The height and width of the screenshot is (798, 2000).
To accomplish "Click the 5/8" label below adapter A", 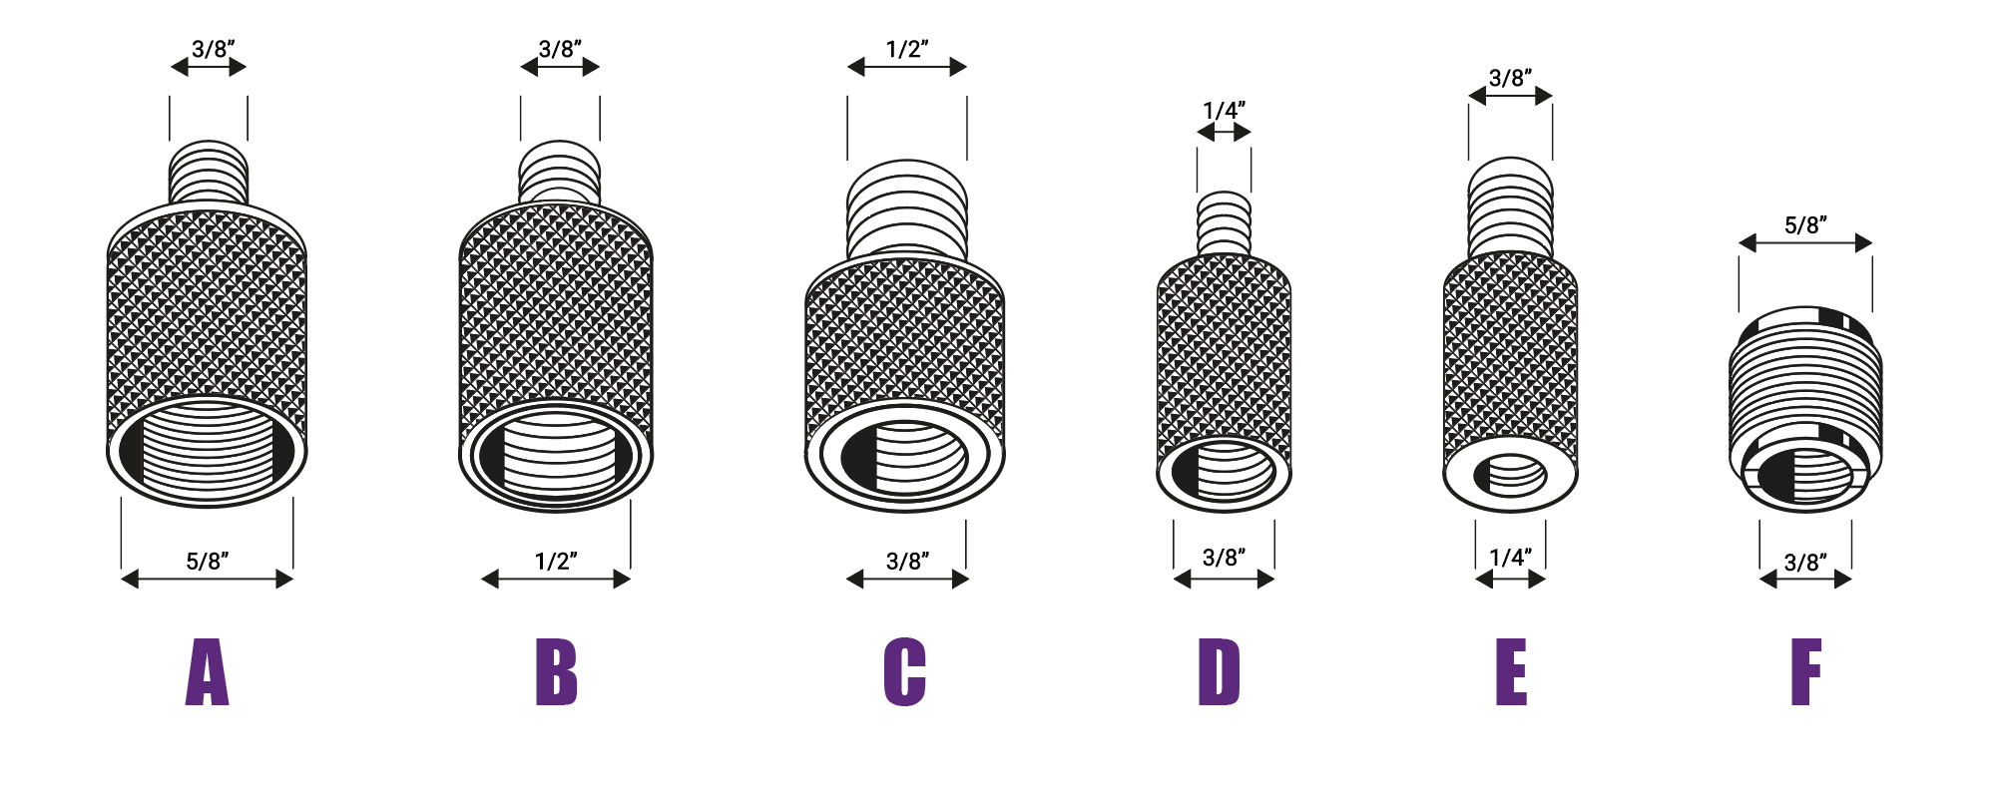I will pos(208,561).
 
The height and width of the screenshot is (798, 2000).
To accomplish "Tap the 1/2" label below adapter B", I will pos(556,561).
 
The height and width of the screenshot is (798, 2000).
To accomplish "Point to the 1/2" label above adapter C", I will pos(907,48).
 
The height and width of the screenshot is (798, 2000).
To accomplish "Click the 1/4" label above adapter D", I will pos(1224,110).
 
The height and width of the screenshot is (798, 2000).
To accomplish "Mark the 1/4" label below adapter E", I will pos(1510,557).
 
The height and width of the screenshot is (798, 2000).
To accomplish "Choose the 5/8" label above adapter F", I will pos(1805,224).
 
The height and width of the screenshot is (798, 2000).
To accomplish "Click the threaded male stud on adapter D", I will pos(1224,224).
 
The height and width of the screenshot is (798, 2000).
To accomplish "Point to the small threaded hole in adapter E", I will pos(1511,476).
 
